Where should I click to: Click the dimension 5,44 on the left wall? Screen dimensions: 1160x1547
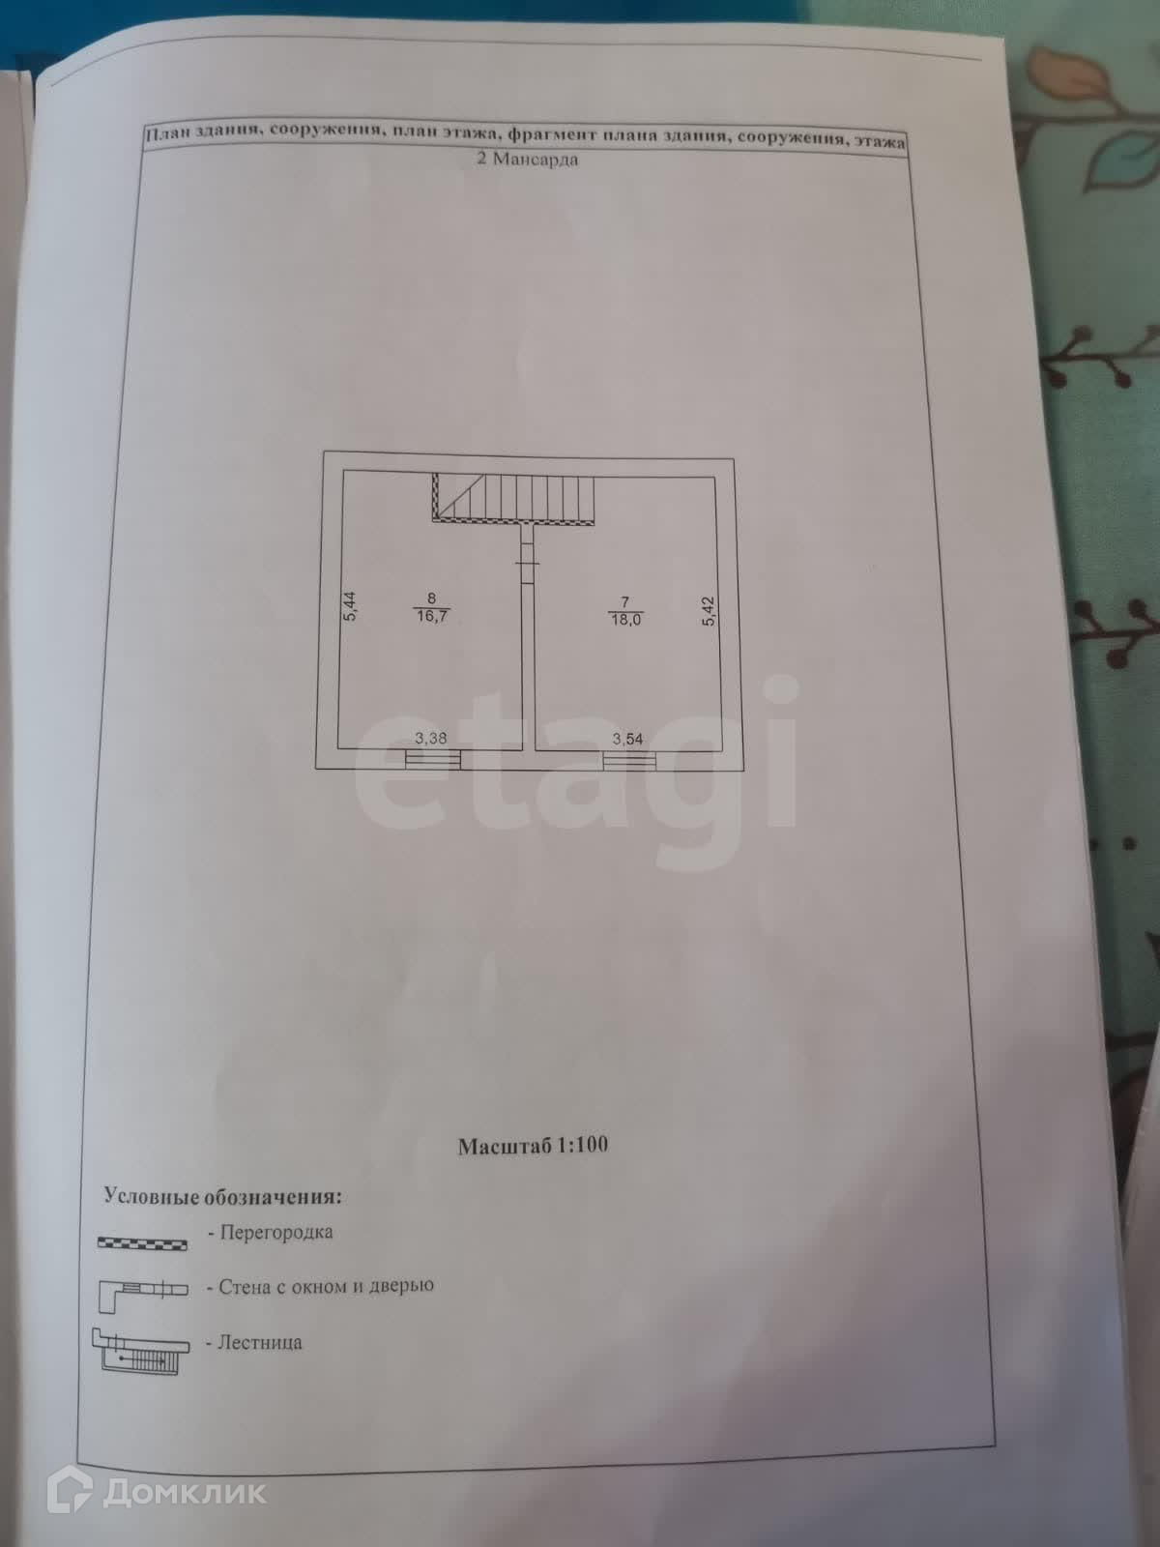tap(351, 606)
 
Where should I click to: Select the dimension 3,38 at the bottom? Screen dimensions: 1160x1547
tap(430, 739)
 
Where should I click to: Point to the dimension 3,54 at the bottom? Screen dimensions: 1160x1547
tap(626, 739)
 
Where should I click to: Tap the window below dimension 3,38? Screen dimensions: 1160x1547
tap(432, 759)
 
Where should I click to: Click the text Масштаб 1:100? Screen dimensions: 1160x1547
tap(533, 1146)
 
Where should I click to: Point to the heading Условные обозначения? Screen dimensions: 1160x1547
tap(222, 1197)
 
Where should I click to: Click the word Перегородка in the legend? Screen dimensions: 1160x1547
tap(275, 1233)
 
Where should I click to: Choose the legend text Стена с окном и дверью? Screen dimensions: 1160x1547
tap(326, 1287)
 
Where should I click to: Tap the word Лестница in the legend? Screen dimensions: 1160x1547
tap(260, 1343)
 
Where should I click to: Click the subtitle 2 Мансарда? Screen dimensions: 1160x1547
tap(528, 161)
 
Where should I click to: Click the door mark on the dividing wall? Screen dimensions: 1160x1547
tap(527, 564)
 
